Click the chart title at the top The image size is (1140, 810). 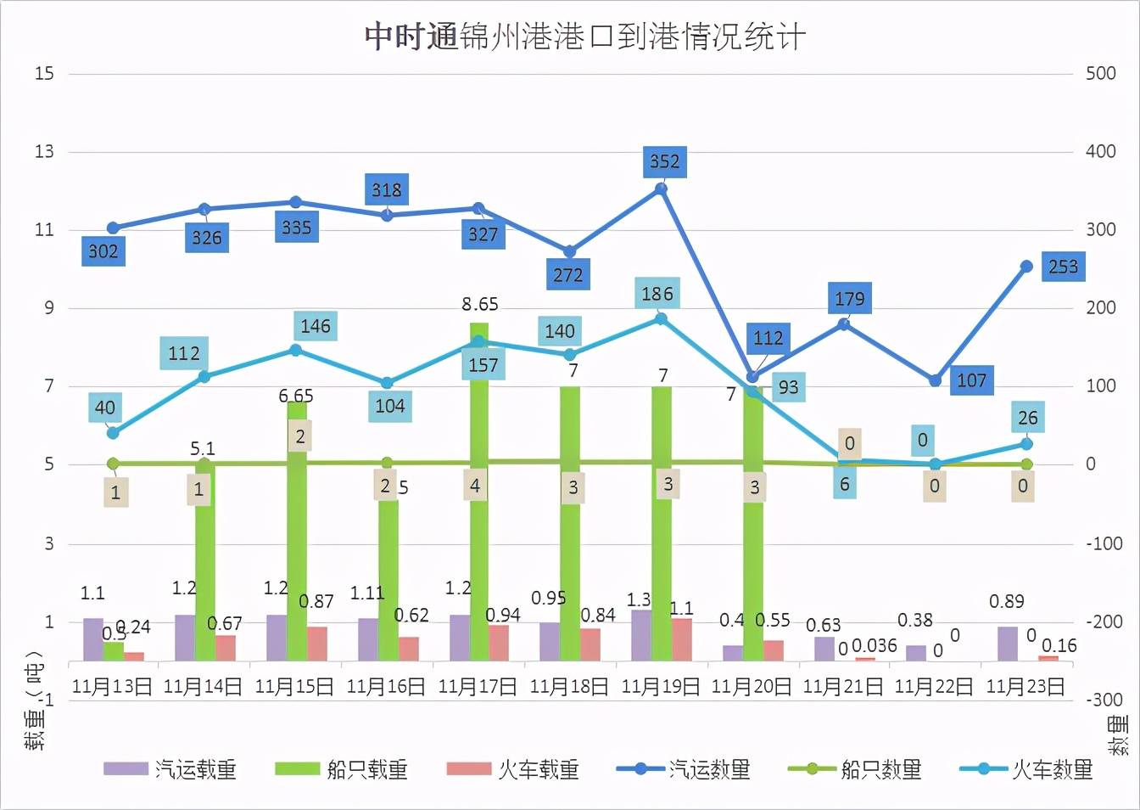584,37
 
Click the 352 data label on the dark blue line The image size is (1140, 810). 664,161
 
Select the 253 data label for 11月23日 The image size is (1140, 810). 1063,267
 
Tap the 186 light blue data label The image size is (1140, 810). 657,294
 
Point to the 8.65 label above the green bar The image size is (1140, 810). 480,304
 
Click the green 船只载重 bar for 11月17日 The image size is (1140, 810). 479,509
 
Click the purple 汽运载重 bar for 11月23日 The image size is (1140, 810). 1008,644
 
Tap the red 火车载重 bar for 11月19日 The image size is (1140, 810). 681,639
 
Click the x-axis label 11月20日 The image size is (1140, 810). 752,686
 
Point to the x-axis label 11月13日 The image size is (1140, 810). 112,686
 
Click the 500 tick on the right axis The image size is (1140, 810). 1100,73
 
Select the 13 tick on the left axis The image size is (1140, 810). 44,151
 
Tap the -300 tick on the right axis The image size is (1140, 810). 1104,700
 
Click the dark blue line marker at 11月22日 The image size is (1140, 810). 936,380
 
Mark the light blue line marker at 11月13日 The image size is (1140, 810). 113,433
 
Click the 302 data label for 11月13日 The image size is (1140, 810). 103,251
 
